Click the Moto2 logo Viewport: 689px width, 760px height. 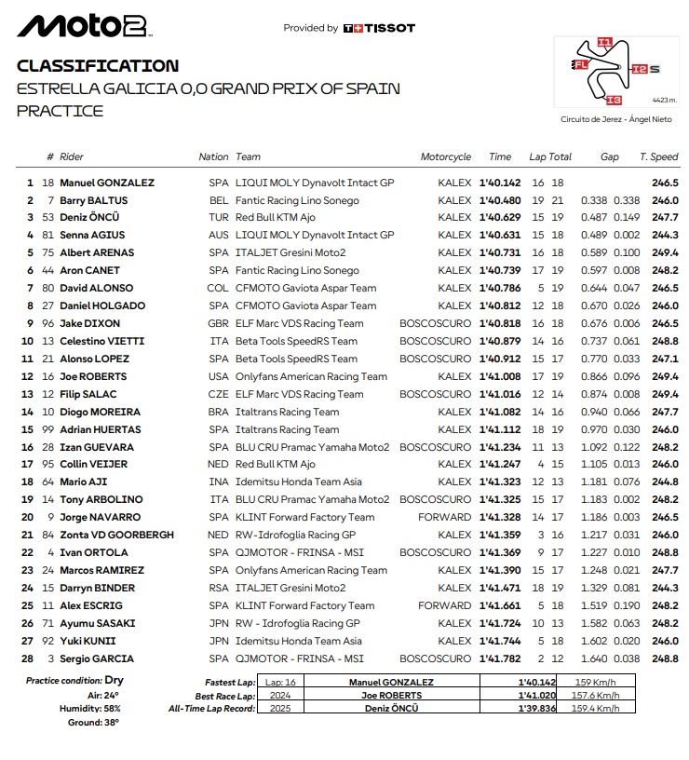(x=83, y=26)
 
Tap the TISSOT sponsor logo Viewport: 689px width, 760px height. (x=379, y=28)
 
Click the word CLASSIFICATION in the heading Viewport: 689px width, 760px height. (x=98, y=66)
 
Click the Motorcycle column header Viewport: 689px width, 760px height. (x=446, y=157)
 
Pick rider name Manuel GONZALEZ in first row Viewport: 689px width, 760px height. (x=107, y=183)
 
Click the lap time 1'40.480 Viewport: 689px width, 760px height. (x=500, y=200)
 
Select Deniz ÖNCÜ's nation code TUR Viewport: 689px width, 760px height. (x=218, y=218)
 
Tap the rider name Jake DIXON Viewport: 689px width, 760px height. (x=89, y=323)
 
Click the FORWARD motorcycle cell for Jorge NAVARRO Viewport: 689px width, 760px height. (x=450, y=517)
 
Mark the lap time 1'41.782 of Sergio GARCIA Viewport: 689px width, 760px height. (x=500, y=658)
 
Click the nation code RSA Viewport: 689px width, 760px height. (x=218, y=588)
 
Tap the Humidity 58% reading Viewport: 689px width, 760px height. (x=106, y=708)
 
